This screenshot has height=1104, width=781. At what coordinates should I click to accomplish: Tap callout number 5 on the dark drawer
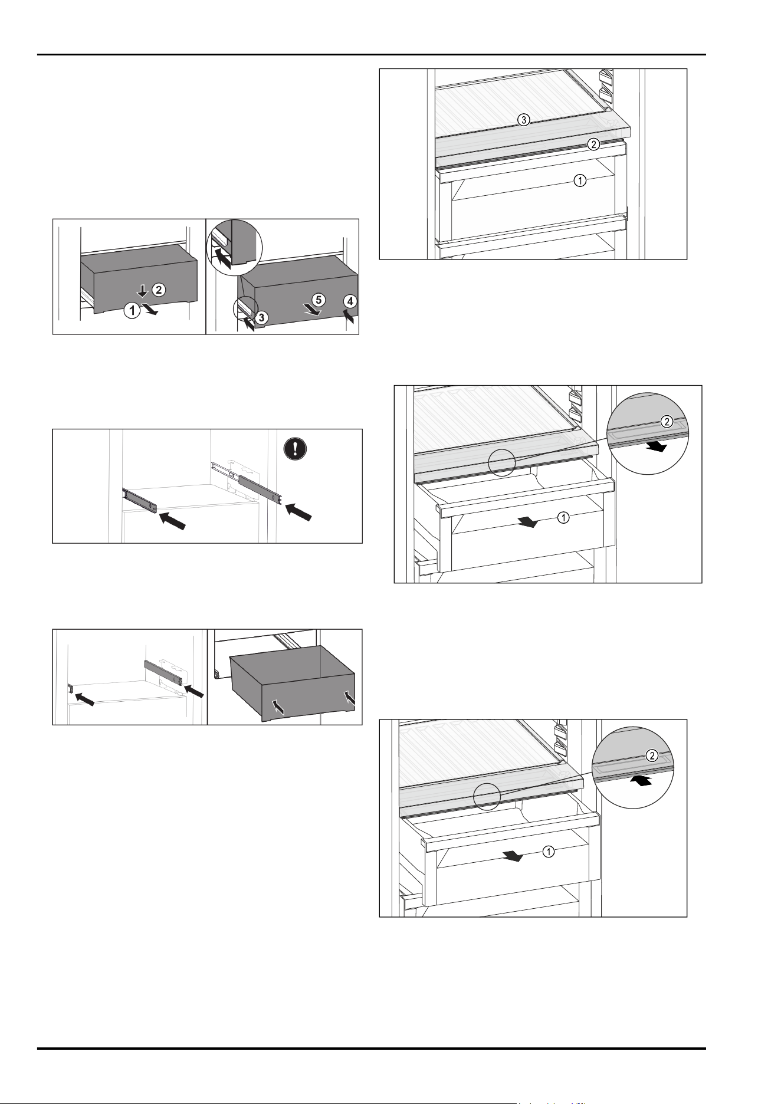[318, 300]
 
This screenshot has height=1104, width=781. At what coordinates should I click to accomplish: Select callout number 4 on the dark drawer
[350, 301]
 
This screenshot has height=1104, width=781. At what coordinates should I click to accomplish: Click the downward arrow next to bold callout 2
[142, 290]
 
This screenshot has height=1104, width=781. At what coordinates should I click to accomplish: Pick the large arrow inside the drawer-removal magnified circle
[223, 257]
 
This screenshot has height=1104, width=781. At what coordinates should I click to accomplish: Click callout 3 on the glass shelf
[523, 120]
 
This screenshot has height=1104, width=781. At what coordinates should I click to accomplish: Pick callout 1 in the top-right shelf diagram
[580, 181]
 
